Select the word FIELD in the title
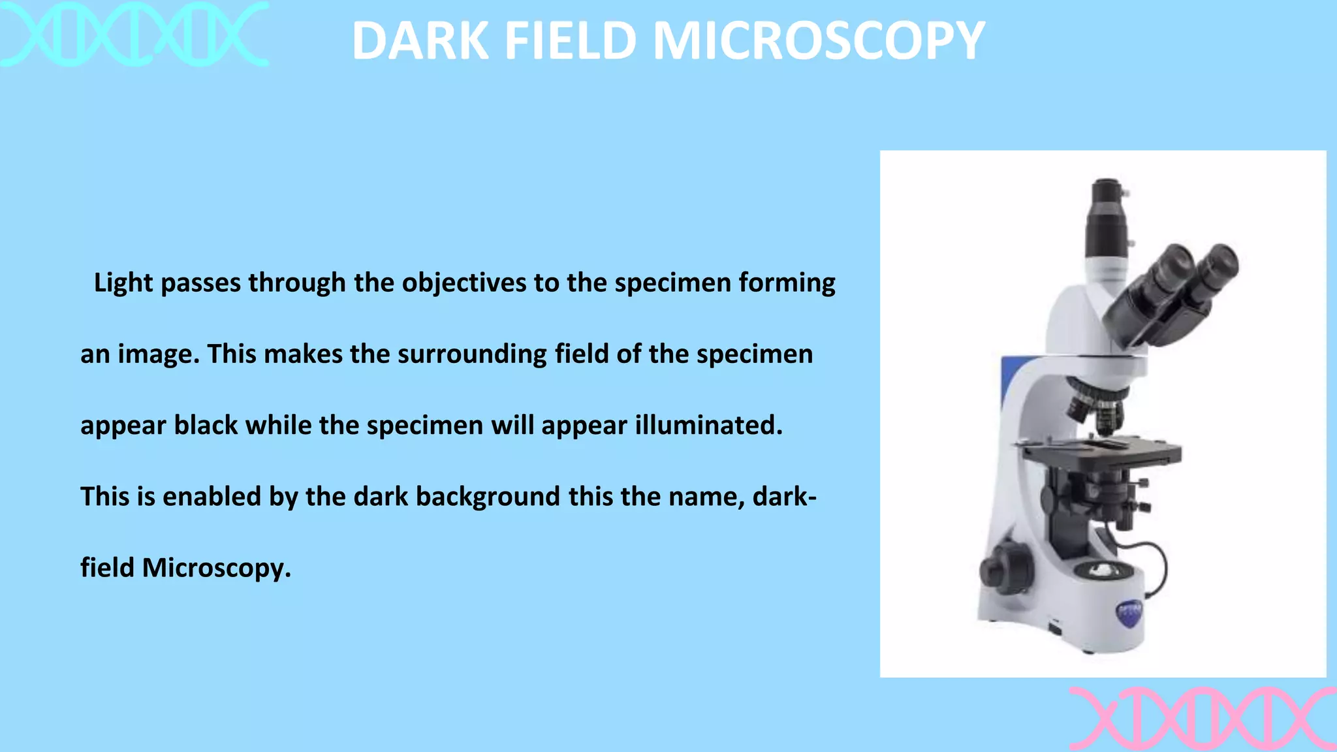tap(571, 41)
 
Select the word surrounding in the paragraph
tap(471, 354)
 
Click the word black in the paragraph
tap(206, 426)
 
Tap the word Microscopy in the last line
tap(216, 568)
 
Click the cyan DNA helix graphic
tap(134, 34)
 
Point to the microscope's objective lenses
tap(1096, 407)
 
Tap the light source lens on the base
tap(1103, 570)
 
